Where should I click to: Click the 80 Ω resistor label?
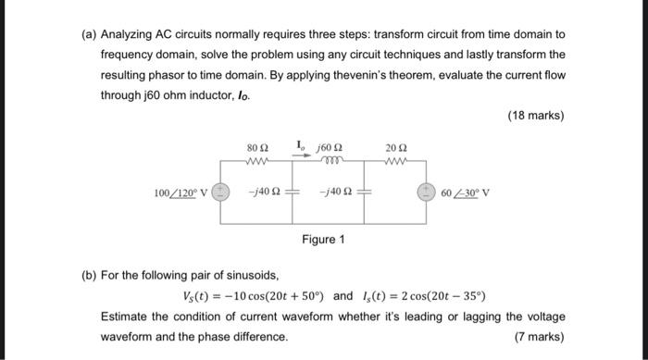257,147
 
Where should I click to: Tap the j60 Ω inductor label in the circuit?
330,147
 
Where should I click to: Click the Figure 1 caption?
323,240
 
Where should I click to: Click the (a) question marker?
89,33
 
